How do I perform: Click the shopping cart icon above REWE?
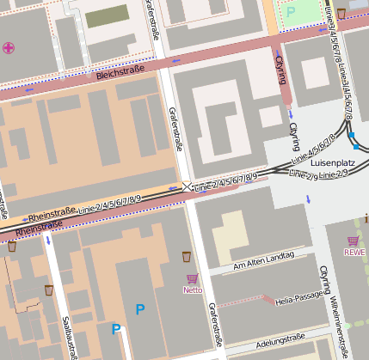(x=353, y=241)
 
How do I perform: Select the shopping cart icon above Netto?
(x=192, y=278)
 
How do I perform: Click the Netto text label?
(x=192, y=290)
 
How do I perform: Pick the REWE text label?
(x=354, y=252)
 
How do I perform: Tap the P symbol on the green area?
(x=290, y=11)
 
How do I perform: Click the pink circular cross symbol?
(x=9, y=47)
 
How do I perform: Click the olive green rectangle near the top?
(x=105, y=15)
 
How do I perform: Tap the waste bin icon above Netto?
(x=187, y=256)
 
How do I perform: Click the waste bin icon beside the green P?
(x=341, y=13)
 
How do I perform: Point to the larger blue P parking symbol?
(x=139, y=308)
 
